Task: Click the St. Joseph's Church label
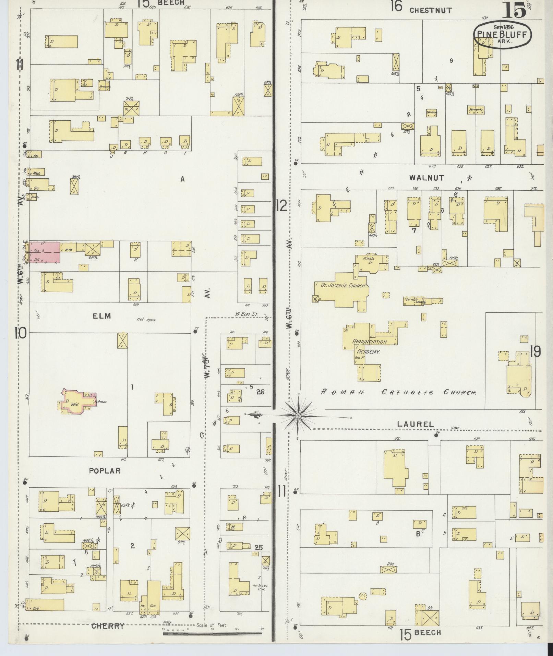[x=343, y=285]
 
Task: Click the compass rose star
[x=298, y=416]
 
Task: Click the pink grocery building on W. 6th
[x=45, y=252]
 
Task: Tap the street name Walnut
[x=426, y=178]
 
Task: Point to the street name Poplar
[x=105, y=471]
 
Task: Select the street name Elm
[x=102, y=316]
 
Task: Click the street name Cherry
[x=108, y=626]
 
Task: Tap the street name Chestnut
[x=431, y=10]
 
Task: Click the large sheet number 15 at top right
[x=514, y=10]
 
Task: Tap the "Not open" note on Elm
[x=146, y=320]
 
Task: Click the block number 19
[x=535, y=351]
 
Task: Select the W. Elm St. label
[x=247, y=314]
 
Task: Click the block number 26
[x=260, y=392]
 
